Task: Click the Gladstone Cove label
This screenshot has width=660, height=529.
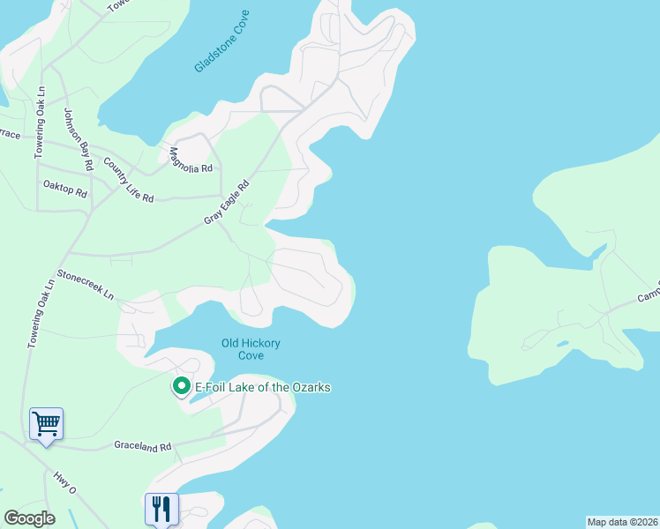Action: point(221,41)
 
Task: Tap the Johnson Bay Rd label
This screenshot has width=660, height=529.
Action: point(79,138)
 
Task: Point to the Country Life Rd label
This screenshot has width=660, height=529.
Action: point(129,180)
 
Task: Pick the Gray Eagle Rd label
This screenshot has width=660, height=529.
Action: point(228,202)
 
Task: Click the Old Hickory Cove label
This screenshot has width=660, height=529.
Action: point(251,349)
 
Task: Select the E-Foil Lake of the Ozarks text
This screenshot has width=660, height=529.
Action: point(255,388)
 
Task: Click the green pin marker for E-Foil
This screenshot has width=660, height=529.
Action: point(181,386)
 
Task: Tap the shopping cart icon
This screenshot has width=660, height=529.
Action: point(46,424)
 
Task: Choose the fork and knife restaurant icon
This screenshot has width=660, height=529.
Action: point(161,508)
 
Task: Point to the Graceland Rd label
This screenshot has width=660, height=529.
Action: point(142,446)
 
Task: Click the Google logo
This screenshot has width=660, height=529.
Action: point(29,518)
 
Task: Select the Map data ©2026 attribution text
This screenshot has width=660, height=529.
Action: point(622,522)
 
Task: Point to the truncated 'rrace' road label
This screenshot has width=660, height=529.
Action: point(9,134)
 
